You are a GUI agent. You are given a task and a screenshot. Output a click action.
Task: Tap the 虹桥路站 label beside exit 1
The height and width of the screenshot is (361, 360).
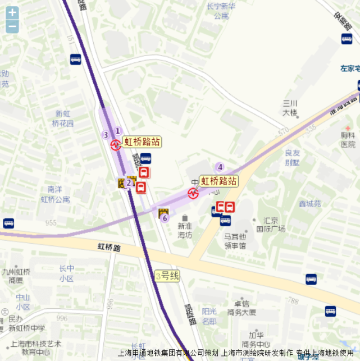142,141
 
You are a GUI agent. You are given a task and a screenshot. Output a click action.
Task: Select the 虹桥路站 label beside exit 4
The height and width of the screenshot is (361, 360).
219,181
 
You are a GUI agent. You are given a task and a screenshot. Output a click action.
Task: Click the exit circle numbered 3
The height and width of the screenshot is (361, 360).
105,135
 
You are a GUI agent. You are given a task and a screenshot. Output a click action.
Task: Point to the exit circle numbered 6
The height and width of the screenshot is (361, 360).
165,218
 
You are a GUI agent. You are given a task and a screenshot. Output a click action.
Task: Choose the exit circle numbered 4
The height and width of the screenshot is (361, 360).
220,167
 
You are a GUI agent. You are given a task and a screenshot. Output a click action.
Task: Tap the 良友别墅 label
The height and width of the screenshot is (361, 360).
293,158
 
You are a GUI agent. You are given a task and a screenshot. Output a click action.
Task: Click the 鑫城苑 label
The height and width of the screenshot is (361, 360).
309,204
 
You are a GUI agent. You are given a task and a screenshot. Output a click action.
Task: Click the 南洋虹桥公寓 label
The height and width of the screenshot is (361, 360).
55,194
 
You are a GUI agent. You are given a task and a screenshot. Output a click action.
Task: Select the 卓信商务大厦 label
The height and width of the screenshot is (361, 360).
242,308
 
